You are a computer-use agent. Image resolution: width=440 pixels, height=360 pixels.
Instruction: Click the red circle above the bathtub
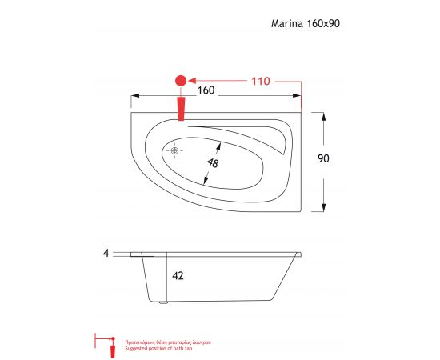180,81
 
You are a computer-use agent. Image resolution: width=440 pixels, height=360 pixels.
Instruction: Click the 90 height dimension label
323,158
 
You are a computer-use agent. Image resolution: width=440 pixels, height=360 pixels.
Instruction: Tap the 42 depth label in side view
178,275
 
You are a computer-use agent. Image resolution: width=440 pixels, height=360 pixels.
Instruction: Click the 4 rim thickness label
106,253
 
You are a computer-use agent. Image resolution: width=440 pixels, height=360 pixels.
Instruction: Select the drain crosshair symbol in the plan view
176,150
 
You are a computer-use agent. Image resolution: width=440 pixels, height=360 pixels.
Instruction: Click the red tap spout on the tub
181,108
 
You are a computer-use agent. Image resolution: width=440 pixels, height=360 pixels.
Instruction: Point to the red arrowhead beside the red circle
195,81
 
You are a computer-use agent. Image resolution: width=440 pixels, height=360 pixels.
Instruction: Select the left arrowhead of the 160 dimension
135,100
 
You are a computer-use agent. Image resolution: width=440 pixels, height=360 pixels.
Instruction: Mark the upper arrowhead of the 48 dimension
221,143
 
